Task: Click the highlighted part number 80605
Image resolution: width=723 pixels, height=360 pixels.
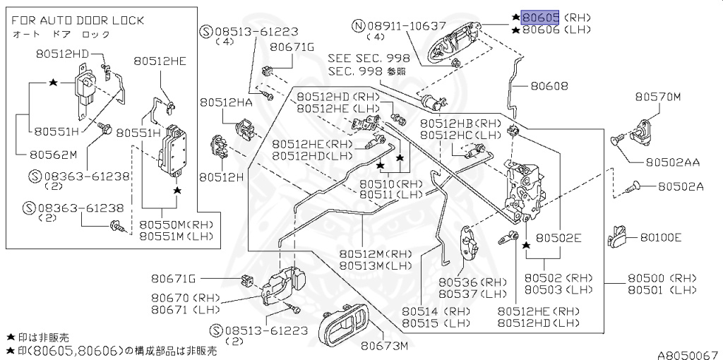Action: [x=541, y=17]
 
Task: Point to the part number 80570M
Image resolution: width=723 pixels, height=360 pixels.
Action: [x=657, y=97]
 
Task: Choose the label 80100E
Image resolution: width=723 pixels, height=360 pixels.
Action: [x=661, y=237]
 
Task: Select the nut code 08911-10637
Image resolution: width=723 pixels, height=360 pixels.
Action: [x=407, y=25]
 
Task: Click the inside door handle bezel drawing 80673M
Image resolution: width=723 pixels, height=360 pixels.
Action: [x=344, y=327]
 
